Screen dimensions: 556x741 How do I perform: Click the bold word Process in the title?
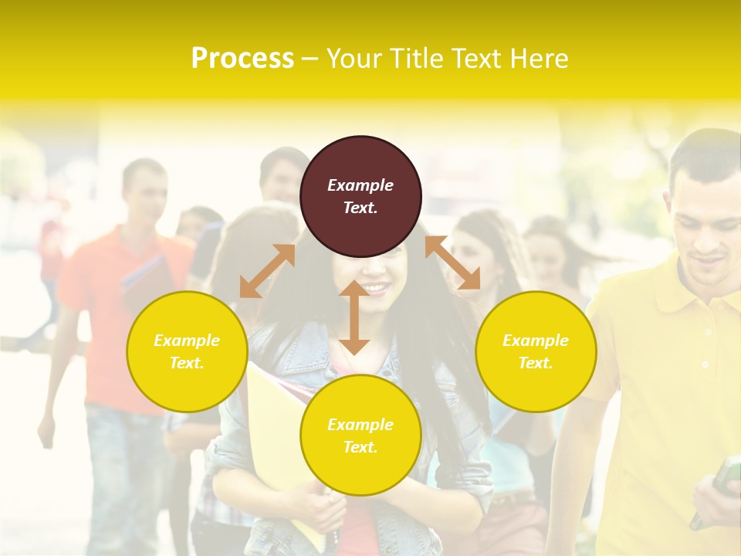pyautogui.click(x=242, y=58)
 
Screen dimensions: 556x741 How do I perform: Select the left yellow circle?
pyautogui.click(x=187, y=351)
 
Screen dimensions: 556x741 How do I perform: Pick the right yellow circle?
pyautogui.click(x=536, y=351)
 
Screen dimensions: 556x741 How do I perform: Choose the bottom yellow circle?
pyautogui.click(x=360, y=435)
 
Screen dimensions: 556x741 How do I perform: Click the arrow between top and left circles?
pyautogui.click(x=267, y=271)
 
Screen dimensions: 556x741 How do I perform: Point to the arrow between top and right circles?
pyautogui.click(x=452, y=263)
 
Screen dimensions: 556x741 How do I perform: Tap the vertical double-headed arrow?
pyautogui.click(x=354, y=317)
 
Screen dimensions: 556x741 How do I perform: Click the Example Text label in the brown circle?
pyautogui.click(x=360, y=196)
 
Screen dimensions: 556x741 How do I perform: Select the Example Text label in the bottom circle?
pyautogui.click(x=360, y=436)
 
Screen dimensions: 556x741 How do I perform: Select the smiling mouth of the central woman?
pyautogui.click(x=376, y=288)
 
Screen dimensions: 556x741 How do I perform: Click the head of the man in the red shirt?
pyautogui.click(x=145, y=188)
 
